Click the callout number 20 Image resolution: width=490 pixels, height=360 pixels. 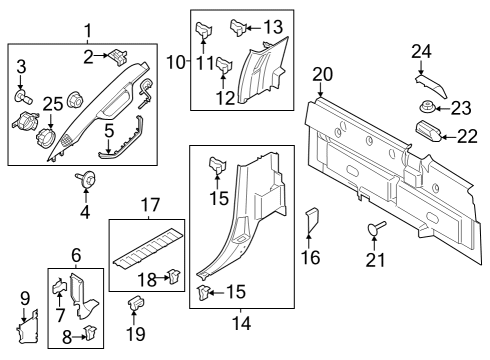click(x=321, y=73)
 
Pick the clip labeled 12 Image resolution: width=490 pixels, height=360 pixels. click(x=224, y=67)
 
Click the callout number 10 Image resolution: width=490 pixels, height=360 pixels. click(x=175, y=63)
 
